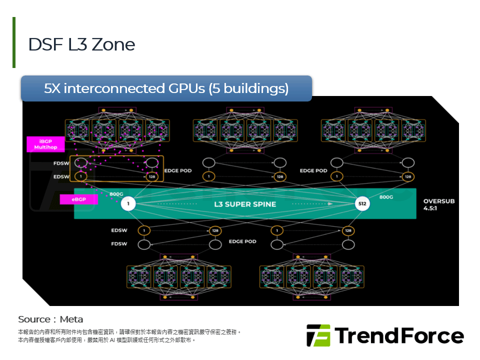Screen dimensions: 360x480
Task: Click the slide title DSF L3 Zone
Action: pos(81,44)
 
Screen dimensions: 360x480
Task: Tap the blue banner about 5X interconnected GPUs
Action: pos(166,88)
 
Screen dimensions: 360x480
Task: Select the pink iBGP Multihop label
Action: pos(46,144)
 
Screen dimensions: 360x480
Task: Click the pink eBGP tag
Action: pos(78,199)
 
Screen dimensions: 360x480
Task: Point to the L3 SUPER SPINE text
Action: pos(245,204)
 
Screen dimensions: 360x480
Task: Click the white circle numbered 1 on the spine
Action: pos(128,204)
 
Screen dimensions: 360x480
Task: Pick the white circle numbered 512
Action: pos(362,204)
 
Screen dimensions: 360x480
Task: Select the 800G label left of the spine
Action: pos(116,194)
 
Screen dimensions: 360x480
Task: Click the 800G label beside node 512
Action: pos(386,197)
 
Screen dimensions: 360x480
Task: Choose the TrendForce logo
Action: pos(385,335)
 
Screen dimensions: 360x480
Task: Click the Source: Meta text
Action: pos(50,319)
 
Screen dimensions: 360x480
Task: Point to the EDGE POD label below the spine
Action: pos(242,241)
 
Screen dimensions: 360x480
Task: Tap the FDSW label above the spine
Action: pos(62,163)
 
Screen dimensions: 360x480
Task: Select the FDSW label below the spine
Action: pos(119,244)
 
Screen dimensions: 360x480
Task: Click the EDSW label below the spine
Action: pos(119,230)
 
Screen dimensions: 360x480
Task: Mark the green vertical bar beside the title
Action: pos(14,42)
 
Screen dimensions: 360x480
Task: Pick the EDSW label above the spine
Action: pos(62,176)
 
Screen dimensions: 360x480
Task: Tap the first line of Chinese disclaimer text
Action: pos(129,331)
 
